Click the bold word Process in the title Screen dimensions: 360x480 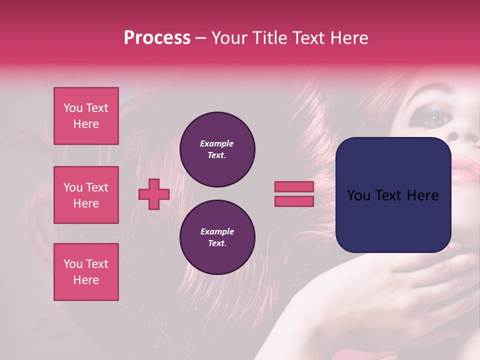(157, 38)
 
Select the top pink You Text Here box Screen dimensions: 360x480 (86, 116)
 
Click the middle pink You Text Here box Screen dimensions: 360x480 (86, 195)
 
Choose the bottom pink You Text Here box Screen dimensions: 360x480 (86, 272)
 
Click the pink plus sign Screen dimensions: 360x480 (154, 194)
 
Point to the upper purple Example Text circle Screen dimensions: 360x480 (217, 149)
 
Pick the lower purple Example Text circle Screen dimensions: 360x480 (217, 237)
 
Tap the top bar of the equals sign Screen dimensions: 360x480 (294, 187)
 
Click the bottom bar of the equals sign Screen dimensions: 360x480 (294, 201)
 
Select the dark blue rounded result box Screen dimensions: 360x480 (393, 195)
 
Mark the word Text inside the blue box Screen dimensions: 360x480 (395, 195)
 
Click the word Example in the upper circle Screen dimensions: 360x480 (217, 143)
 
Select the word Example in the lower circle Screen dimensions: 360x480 (217, 231)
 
